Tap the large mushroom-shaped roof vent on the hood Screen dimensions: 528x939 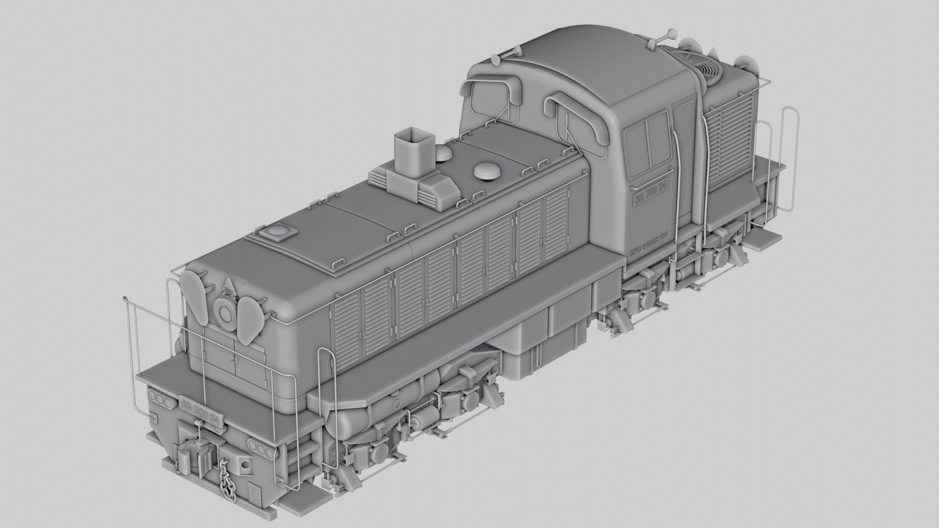486,171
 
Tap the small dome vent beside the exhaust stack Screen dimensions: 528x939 444,153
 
